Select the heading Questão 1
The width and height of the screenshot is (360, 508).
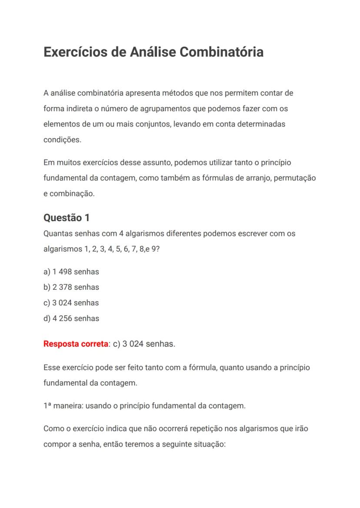(x=67, y=218)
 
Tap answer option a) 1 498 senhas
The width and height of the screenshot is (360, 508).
(x=71, y=272)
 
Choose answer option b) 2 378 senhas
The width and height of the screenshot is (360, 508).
(x=71, y=287)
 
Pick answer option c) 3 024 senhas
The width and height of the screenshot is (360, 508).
(x=71, y=303)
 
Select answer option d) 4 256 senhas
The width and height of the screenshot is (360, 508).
(x=71, y=319)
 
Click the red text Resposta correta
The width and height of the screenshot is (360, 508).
(x=76, y=344)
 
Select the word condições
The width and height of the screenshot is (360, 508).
(x=62, y=140)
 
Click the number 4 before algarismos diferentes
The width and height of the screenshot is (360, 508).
(x=122, y=233)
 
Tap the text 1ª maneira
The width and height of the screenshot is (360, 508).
(x=63, y=406)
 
